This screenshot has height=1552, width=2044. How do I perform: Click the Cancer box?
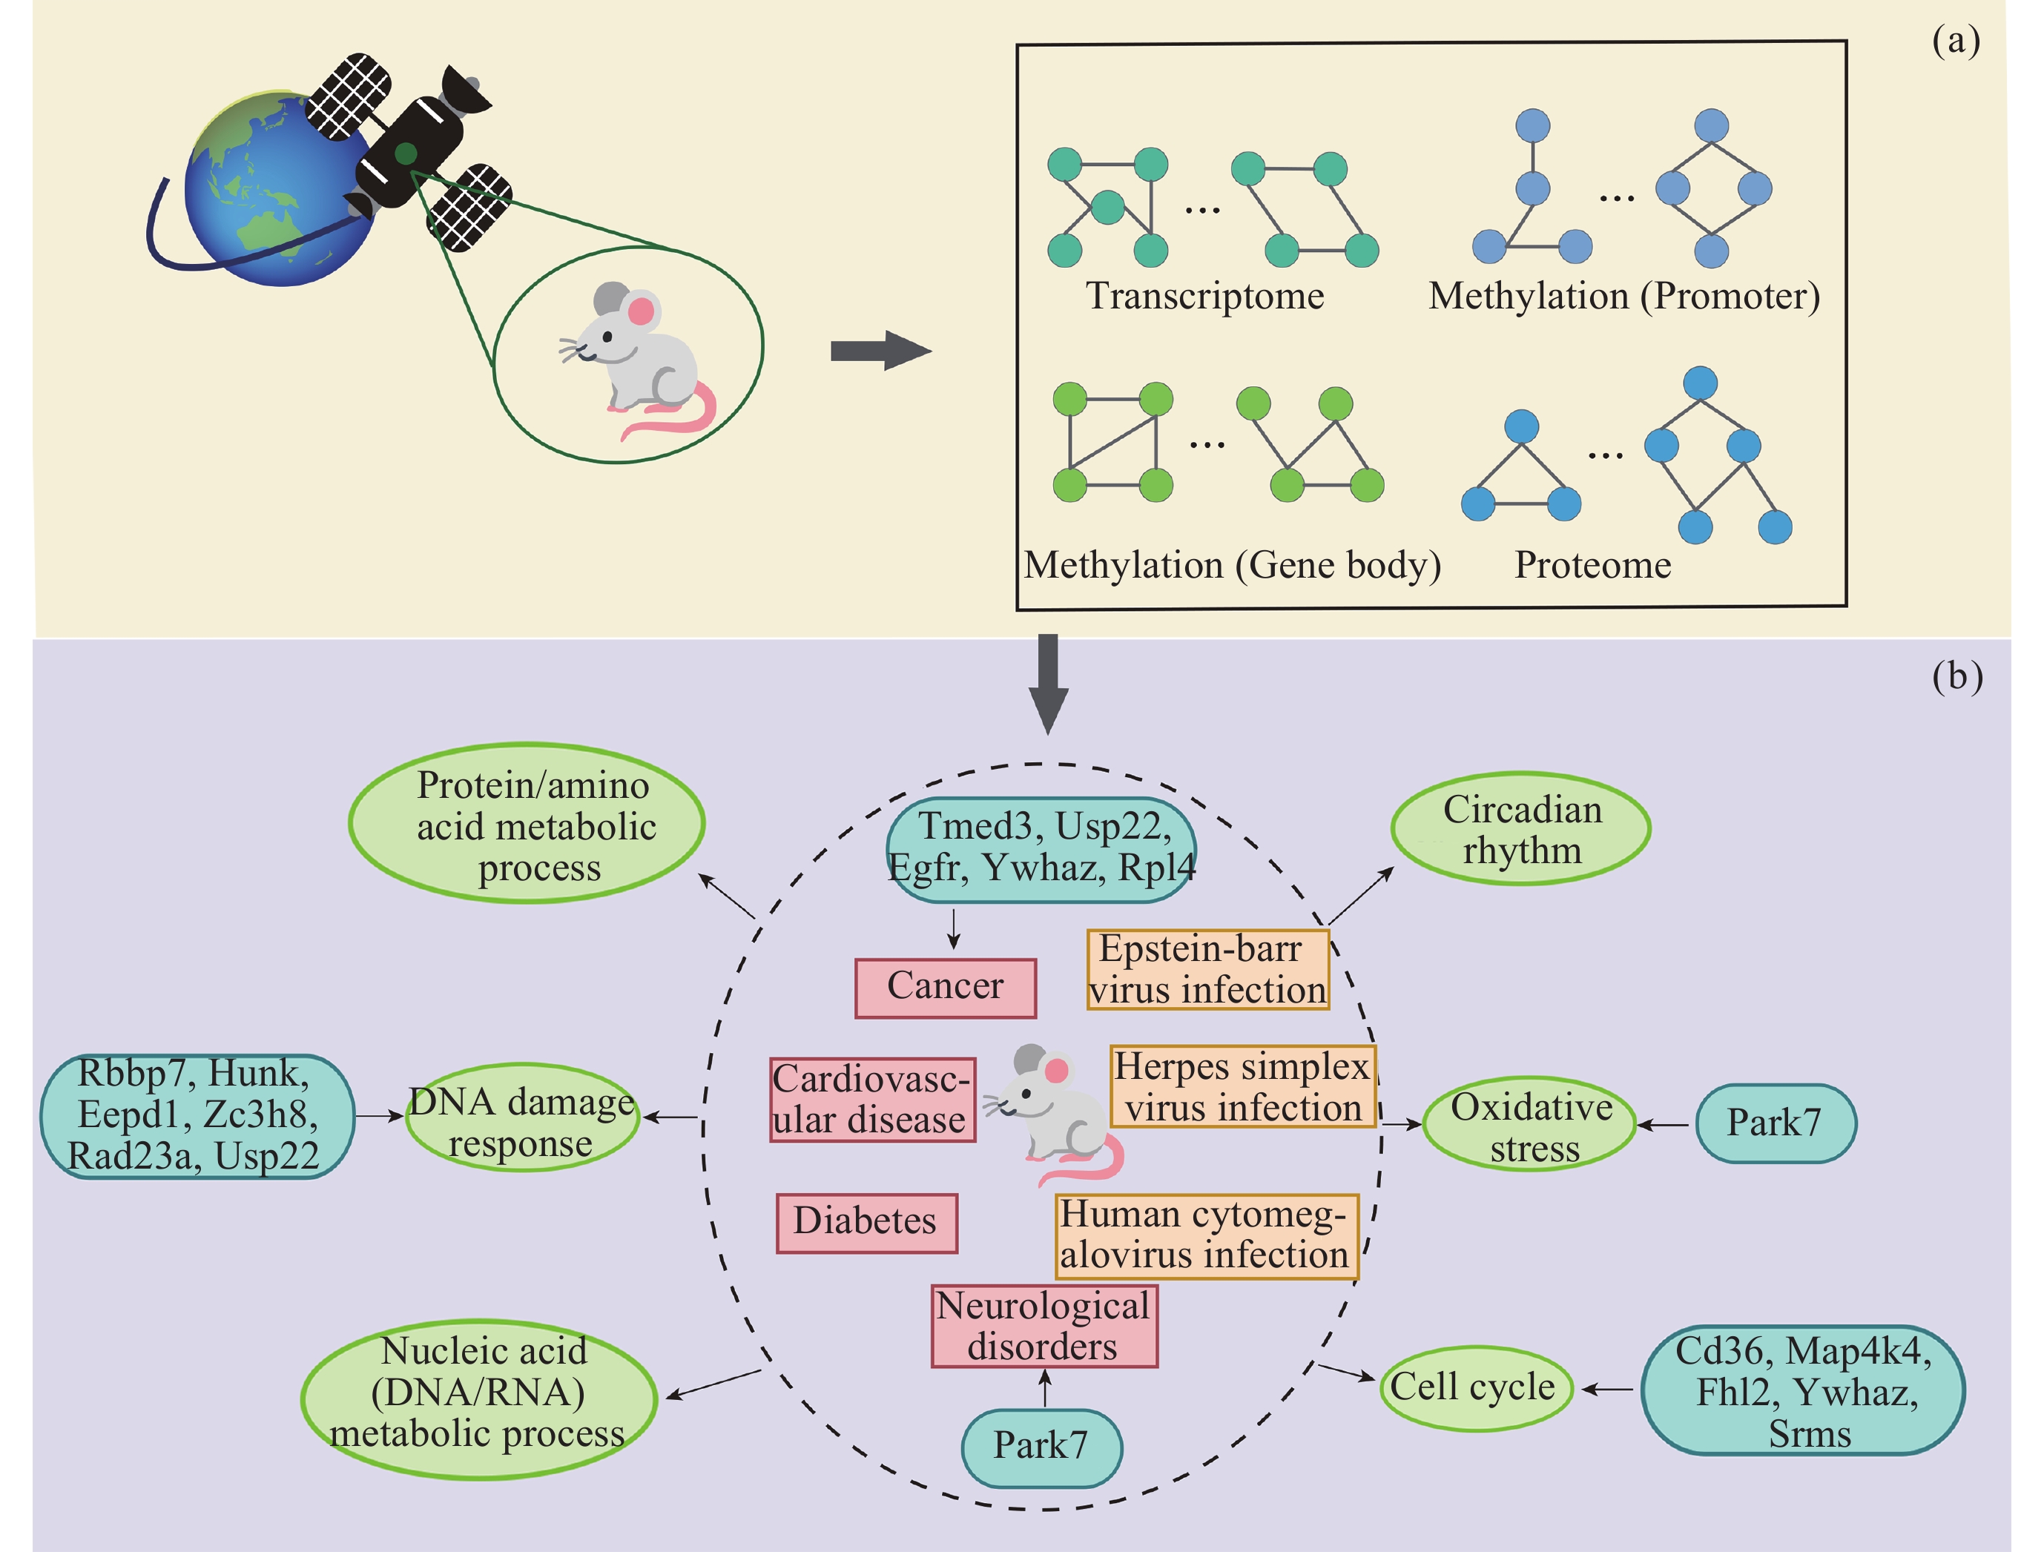[946, 988]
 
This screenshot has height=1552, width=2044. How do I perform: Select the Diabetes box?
[866, 1222]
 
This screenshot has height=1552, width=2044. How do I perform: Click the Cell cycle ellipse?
[1475, 1387]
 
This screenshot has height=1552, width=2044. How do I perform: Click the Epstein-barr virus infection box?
[1207, 969]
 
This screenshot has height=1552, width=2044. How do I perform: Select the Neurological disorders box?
[1044, 1326]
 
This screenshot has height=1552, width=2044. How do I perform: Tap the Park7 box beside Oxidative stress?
[1775, 1123]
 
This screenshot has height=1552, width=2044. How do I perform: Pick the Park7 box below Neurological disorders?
[1041, 1447]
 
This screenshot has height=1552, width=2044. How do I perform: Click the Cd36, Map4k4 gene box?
[1803, 1391]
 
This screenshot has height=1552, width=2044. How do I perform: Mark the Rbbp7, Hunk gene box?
[196, 1116]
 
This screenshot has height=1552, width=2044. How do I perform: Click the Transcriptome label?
[1204, 296]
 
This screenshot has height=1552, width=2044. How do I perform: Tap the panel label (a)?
[1955, 41]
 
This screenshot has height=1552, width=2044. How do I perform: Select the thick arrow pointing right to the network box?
[879, 350]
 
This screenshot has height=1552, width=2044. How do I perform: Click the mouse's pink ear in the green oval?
[640, 311]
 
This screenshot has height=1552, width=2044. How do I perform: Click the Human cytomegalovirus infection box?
[1207, 1236]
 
